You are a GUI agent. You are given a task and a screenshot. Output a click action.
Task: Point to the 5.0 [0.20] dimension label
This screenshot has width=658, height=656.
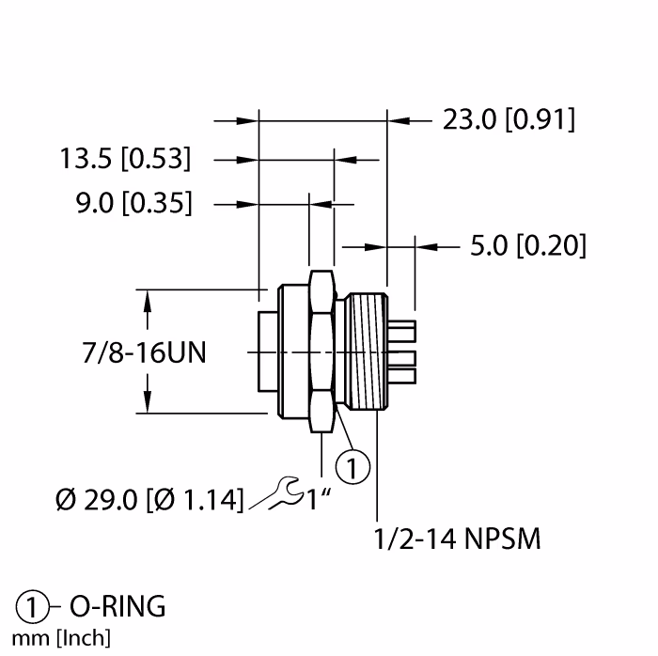tap(527, 246)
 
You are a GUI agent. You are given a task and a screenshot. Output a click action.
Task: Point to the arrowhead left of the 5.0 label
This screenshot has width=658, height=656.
tap(428, 246)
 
